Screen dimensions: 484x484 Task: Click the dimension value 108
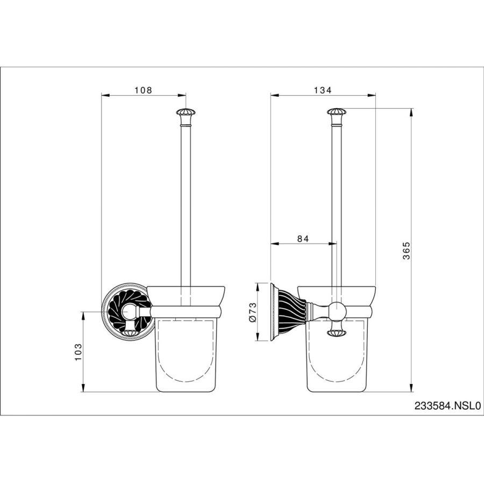143,90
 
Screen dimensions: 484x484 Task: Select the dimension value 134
323,90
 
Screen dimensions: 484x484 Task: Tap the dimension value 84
303,239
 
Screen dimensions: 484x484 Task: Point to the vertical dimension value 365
407,250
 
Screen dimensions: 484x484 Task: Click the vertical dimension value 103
78,352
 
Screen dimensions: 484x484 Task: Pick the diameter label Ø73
253,312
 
